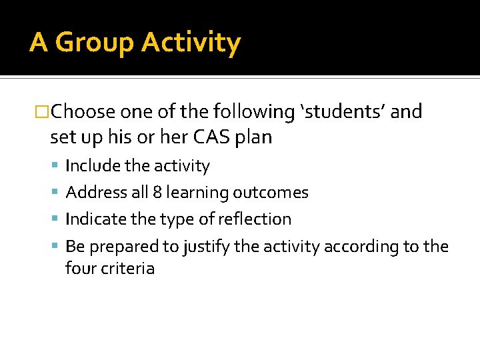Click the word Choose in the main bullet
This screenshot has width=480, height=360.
click(x=83, y=111)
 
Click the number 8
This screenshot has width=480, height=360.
click(x=157, y=193)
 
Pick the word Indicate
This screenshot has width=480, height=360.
click(x=94, y=219)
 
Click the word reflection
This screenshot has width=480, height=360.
click(x=254, y=219)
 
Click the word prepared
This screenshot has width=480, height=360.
click(x=119, y=247)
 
